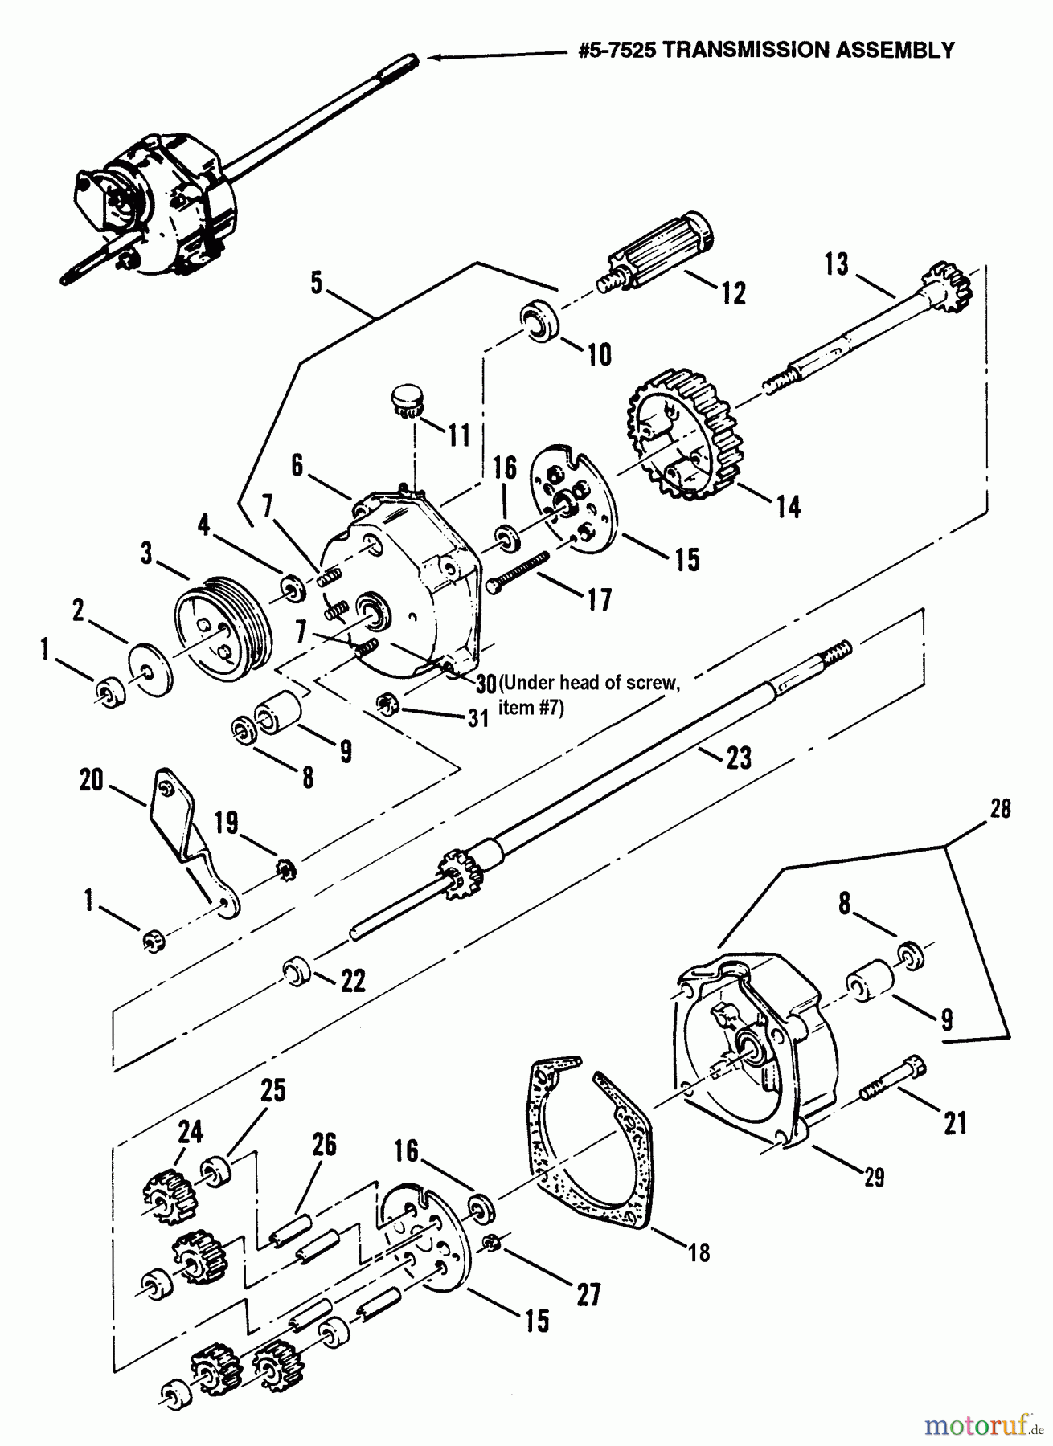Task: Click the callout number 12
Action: (x=733, y=292)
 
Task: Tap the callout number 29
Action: (x=873, y=1177)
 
